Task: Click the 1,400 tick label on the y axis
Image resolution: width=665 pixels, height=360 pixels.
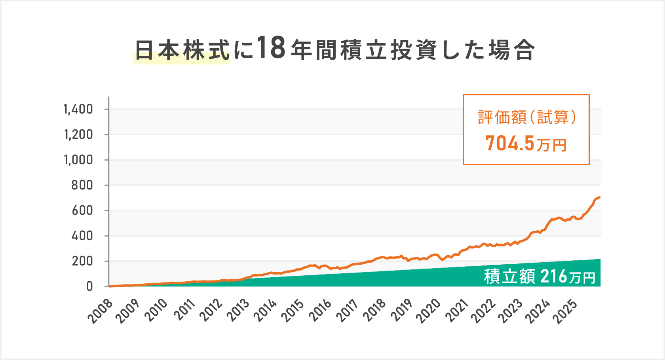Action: coord(78,109)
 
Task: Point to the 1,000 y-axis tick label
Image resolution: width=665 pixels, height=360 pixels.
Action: coord(78,160)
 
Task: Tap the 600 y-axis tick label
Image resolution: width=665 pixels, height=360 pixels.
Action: coord(82,210)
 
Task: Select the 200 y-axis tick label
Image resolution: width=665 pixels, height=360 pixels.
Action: coord(82,261)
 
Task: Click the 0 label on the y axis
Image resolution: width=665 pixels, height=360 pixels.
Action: coord(89,286)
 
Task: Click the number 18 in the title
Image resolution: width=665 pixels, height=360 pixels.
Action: coord(271,48)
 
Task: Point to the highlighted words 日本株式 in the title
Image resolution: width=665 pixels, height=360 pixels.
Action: coord(182,51)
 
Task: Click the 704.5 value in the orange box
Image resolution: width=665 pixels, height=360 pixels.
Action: coord(510,143)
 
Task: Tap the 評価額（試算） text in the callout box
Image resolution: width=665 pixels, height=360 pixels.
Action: coord(526,117)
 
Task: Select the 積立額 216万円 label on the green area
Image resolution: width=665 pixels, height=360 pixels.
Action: coord(540,276)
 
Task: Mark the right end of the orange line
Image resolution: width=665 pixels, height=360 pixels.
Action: coord(600,197)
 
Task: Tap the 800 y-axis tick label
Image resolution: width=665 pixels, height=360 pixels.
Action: coord(82,185)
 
